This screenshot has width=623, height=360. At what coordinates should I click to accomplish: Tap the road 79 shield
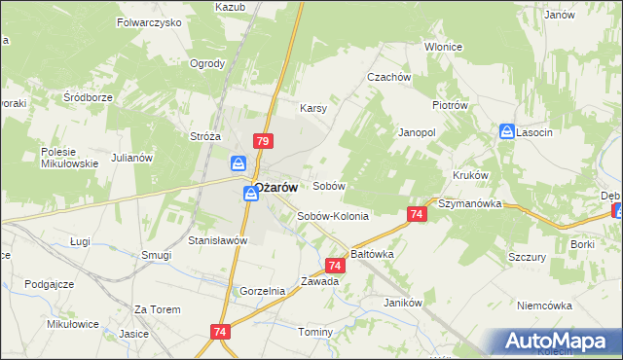click(x=262, y=141)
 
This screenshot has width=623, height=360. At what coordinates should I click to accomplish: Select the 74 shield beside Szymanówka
click(x=416, y=214)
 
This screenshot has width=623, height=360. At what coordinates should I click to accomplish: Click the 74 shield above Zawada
click(x=335, y=265)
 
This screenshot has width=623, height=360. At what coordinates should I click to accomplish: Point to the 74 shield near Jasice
click(x=218, y=333)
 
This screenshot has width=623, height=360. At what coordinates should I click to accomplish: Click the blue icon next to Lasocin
click(x=506, y=131)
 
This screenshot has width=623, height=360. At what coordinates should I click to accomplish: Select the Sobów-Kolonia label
click(x=333, y=216)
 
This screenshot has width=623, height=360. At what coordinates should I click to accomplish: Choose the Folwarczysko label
click(x=149, y=20)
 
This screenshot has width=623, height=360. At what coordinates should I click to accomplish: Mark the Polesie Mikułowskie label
click(x=69, y=158)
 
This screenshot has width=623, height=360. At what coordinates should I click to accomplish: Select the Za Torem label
click(x=158, y=309)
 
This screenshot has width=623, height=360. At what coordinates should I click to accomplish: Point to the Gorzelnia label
click(x=263, y=291)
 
